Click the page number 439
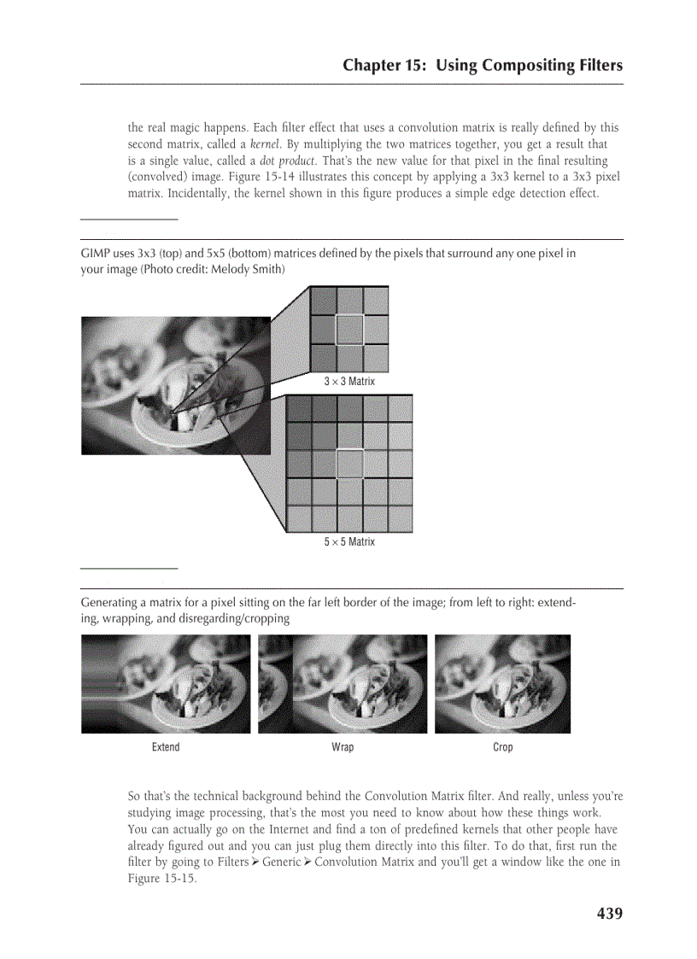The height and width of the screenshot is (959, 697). [609, 913]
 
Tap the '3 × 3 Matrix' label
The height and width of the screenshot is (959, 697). [348, 381]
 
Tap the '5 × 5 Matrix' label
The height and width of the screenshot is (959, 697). [348, 541]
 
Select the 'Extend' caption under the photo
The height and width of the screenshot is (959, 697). [166, 747]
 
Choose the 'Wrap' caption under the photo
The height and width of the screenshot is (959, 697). [343, 747]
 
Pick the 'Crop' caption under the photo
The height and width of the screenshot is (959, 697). [503, 747]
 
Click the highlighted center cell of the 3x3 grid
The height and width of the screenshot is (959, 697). [349, 329]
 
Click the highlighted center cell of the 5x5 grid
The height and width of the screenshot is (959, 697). [349, 464]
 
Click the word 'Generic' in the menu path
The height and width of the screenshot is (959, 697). [280, 863]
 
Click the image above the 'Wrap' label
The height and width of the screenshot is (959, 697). [343, 683]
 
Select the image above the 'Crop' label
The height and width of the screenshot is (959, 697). [502, 683]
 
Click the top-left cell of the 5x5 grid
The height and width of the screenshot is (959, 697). [300, 408]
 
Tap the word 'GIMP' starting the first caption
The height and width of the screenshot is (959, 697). [94, 254]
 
